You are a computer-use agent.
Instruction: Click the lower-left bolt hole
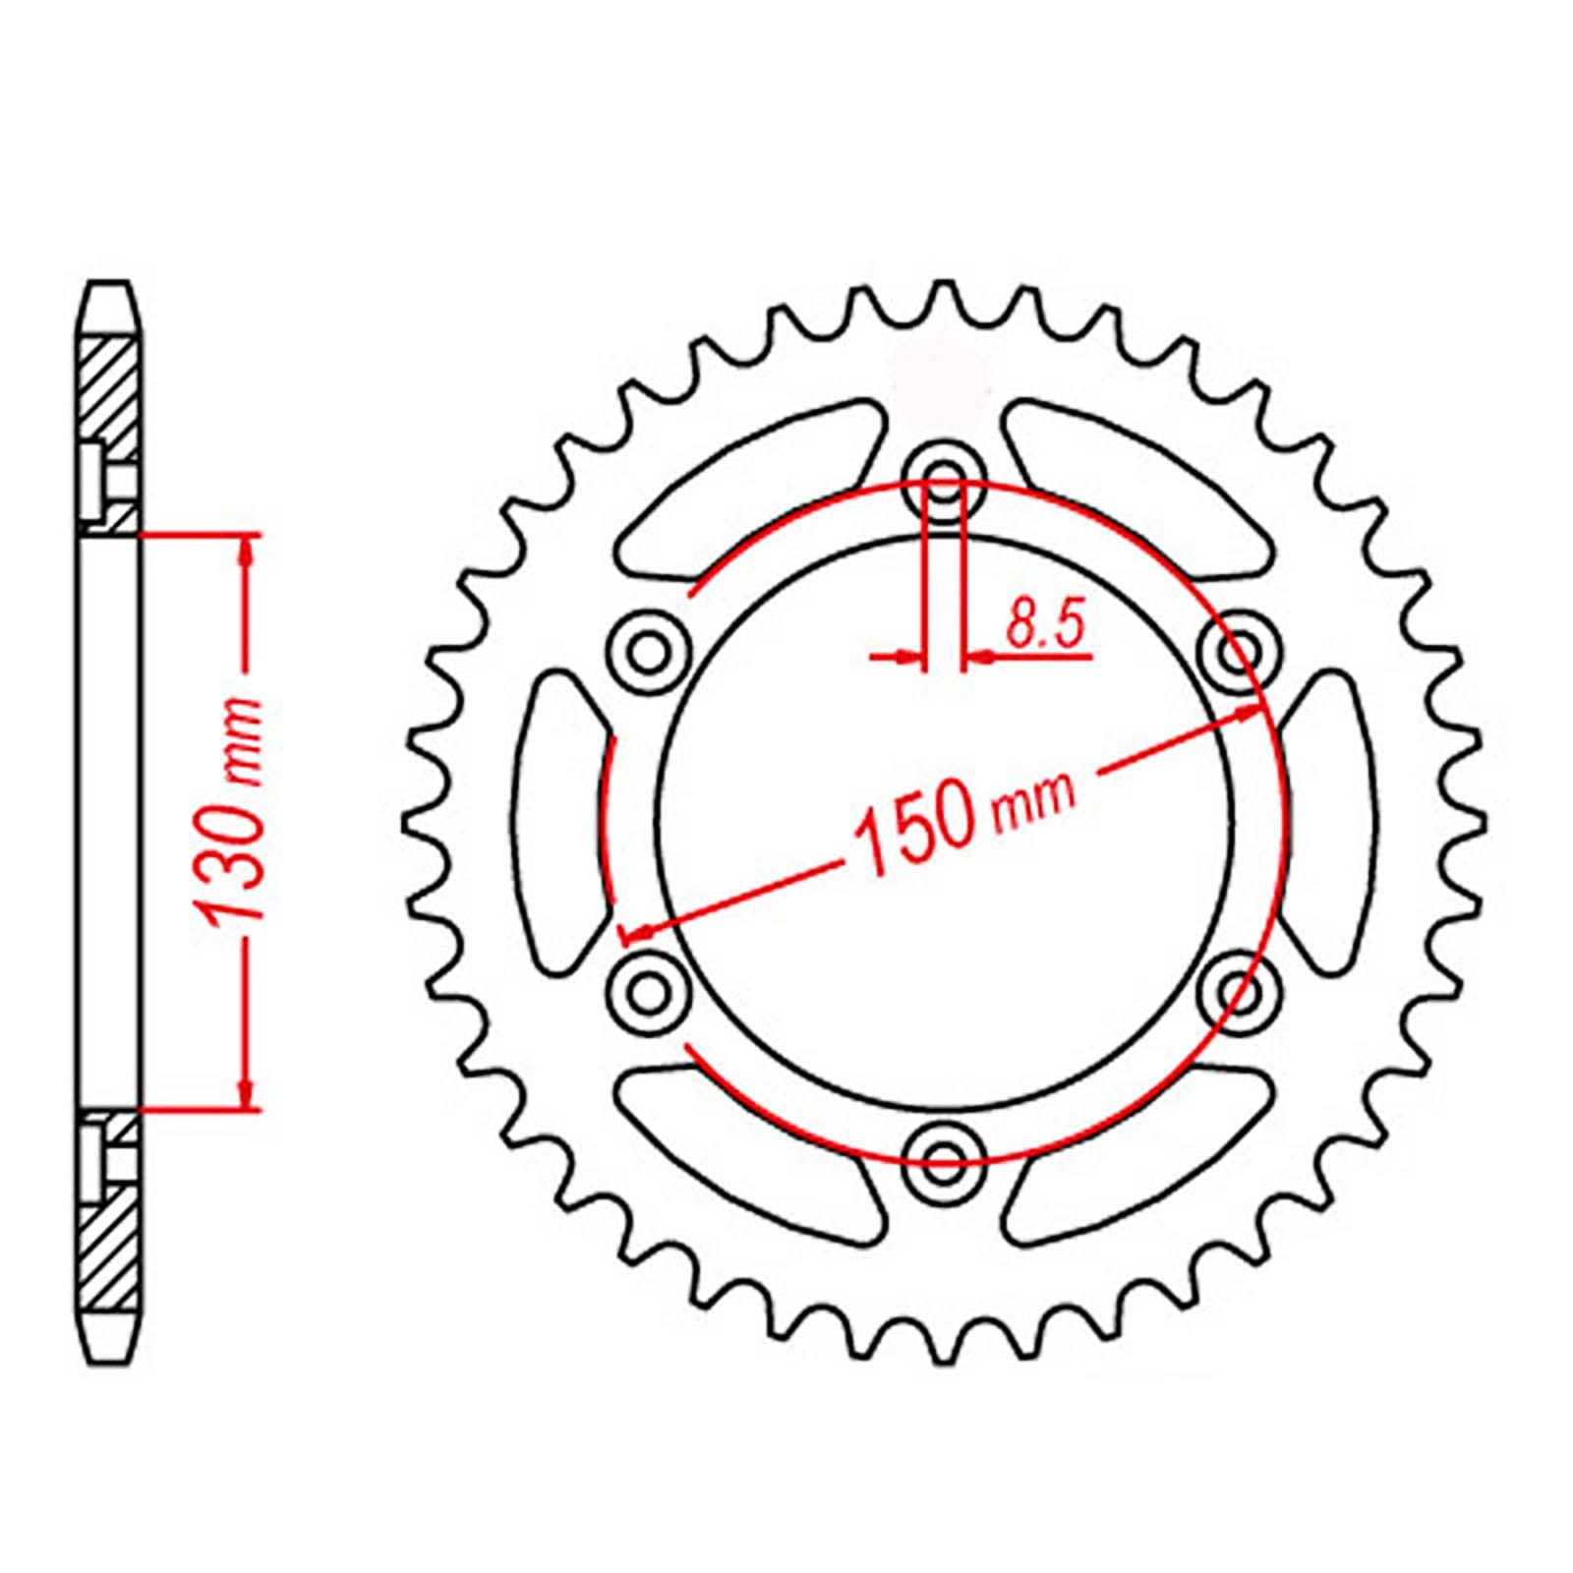click(x=647, y=991)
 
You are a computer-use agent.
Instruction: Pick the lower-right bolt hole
click(x=1243, y=991)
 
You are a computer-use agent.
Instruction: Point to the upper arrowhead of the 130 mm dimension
click(x=246, y=551)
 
